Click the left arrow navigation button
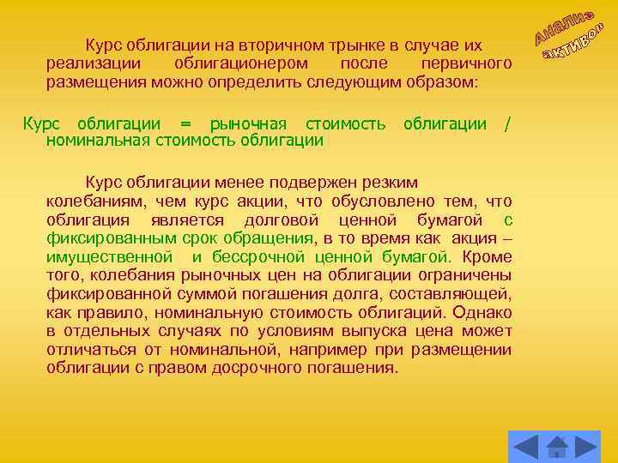pos(524,447)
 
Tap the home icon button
pos(556,447)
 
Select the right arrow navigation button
pos(587,447)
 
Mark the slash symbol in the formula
pos(508,123)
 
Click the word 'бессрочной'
pos(250,257)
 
